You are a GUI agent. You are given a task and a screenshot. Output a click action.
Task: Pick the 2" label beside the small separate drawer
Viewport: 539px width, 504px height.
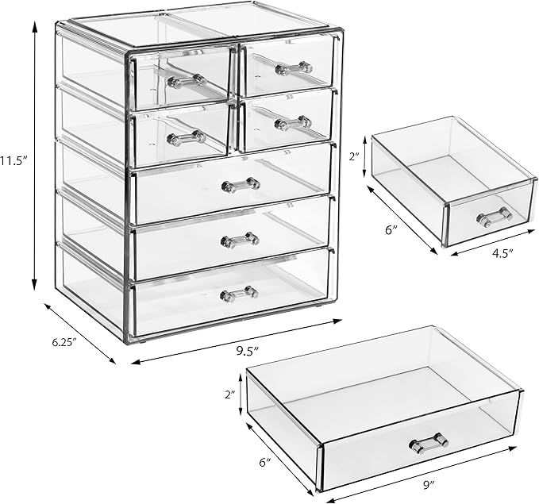(x=356, y=156)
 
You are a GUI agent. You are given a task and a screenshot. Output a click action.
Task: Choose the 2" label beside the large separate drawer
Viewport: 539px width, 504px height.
(x=229, y=394)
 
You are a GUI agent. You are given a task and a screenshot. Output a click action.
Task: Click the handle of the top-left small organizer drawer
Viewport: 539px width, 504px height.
(x=187, y=79)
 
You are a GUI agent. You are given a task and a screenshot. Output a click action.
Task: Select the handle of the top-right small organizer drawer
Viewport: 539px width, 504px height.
(x=294, y=68)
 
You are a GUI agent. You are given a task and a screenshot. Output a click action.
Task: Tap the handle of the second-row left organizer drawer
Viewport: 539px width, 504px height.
(x=187, y=137)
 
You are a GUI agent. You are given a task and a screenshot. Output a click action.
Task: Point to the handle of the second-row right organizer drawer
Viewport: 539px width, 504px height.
(x=293, y=123)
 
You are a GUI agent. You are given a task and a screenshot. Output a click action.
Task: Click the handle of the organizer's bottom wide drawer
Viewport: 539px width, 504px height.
(x=239, y=293)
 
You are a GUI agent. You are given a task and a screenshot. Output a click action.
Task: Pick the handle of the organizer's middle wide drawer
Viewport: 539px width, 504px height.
(x=240, y=239)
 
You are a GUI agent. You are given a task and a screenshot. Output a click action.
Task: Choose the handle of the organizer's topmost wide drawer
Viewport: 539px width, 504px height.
(x=241, y=185)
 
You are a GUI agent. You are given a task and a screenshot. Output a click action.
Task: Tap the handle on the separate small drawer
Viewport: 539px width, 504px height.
(x=494, y=216)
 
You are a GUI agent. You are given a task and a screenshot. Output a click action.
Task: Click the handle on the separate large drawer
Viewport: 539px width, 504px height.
(x=429, y=441)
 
